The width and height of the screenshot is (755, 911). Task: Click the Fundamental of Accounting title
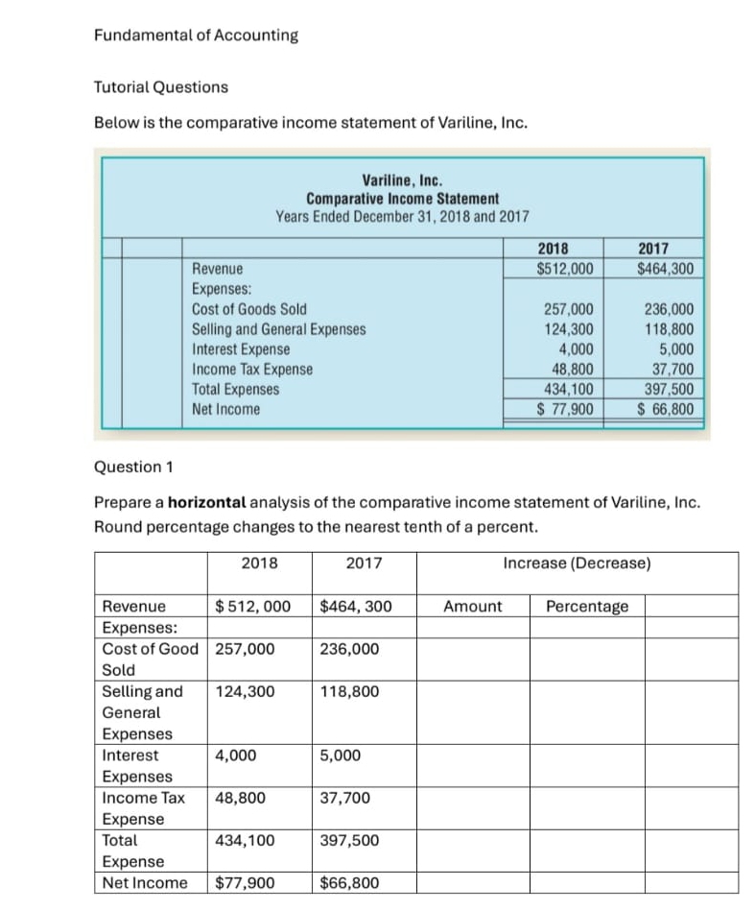coord(196,36)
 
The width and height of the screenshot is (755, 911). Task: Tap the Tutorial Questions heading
coord(160,87)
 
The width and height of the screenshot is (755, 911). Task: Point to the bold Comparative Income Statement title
coord(402,198)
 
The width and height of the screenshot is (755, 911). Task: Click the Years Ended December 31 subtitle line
coord(402,216)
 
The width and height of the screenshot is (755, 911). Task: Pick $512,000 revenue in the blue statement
coord(564,269)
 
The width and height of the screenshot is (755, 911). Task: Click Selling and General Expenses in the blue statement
coord(278,329)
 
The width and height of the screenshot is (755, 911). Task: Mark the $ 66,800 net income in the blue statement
coord(668,409)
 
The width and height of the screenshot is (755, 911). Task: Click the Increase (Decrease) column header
coord(577,563)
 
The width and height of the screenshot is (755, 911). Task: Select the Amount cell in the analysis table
coord(472,606)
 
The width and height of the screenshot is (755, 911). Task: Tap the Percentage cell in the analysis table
coord(587,606)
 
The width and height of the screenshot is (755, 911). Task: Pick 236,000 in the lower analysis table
coord(348,649)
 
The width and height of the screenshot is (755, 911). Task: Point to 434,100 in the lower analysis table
coord(245,841)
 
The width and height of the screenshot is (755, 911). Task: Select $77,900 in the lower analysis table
coord(246,883)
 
